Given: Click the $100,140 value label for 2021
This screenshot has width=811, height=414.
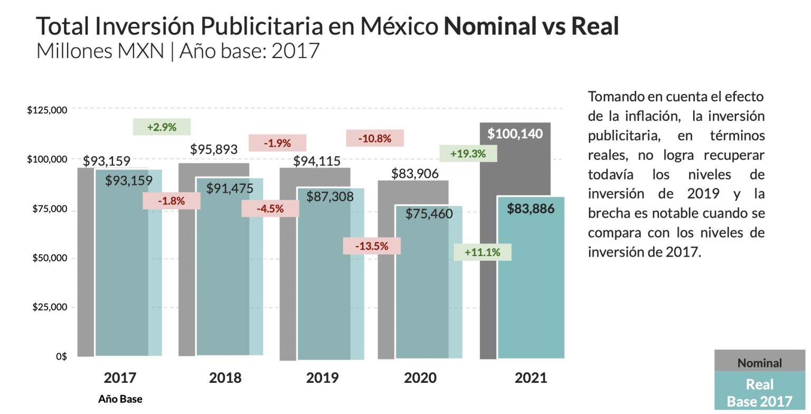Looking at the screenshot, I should tap(515, 134).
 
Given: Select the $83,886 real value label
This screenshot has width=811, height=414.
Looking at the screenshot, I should tap(531, 209).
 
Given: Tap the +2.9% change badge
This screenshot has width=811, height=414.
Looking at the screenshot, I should tap(162, 127).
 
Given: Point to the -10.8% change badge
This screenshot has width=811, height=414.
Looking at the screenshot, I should tap(374, 139).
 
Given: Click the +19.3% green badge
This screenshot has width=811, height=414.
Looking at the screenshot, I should tap(468, 154).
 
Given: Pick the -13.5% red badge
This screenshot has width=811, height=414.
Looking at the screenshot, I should tap(372, 246).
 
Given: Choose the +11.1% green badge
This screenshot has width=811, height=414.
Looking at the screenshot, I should tap(483, 252).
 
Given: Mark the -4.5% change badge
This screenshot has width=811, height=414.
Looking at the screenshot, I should tap(270, 209).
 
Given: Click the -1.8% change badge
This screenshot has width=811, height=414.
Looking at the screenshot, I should tap(172, 201).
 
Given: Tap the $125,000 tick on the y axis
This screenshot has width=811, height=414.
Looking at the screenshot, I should tap(47, 110).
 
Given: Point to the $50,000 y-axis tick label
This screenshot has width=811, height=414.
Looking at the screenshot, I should tap(49, 258).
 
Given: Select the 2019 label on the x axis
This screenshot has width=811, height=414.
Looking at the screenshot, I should tap(323, 378).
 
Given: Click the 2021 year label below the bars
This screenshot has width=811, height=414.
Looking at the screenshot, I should tap(531, 378).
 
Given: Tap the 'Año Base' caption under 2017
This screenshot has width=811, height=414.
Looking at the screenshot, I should tap(120, 399).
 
